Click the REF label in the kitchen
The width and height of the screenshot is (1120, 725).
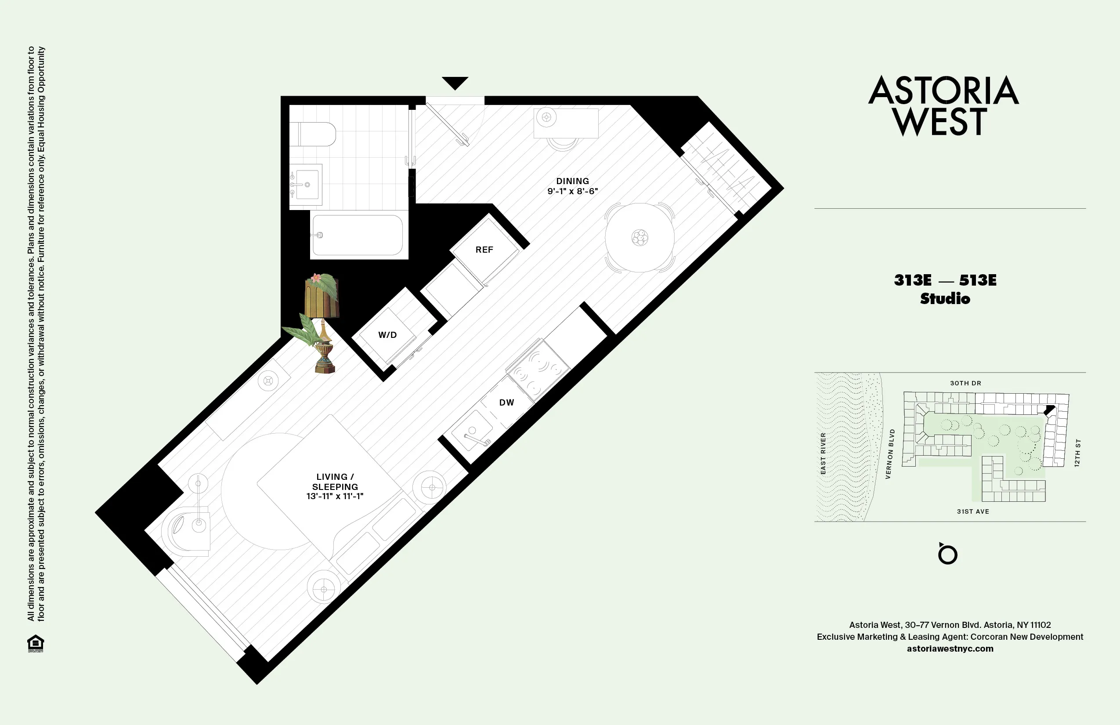484,250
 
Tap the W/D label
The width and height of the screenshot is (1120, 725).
387,335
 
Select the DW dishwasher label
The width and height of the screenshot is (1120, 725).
506,402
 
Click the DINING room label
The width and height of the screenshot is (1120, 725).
572,181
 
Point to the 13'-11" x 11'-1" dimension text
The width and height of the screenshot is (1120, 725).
335,496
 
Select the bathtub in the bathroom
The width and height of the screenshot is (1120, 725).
358,235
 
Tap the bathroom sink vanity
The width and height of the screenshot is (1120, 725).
306,185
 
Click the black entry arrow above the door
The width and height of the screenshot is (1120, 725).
455,83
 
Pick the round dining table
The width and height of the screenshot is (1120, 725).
639,238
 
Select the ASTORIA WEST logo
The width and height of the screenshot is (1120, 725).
943,106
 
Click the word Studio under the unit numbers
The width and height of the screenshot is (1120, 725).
945,298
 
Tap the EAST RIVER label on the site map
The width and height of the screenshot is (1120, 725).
823,453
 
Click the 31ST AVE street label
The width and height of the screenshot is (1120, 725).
973,511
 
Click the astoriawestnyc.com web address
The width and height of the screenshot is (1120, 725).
950,648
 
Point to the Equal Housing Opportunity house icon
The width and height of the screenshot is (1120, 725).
36,643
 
